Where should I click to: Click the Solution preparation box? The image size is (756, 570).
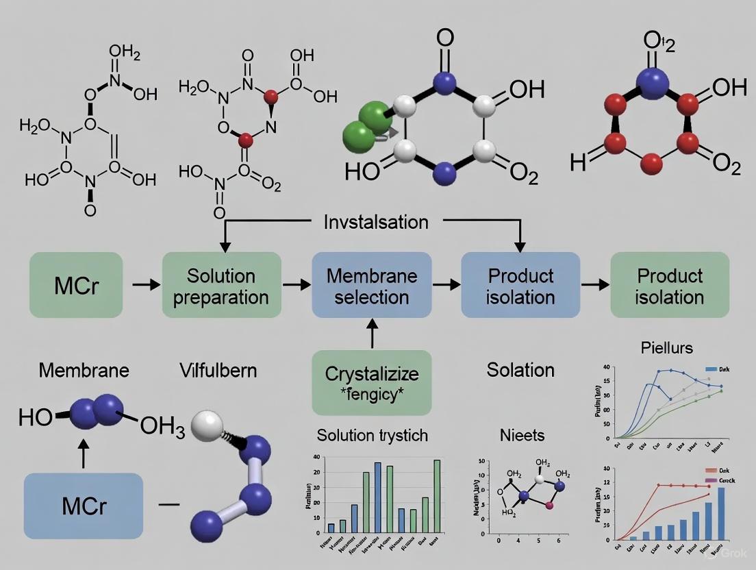[221, 285]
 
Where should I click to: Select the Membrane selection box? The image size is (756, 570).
[371, 285]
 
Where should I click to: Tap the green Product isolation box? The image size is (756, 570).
[669, 285]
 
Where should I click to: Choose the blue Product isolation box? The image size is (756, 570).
[520, 285]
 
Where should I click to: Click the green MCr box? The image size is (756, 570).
[76, 285]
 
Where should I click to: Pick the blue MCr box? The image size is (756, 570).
[83, 506]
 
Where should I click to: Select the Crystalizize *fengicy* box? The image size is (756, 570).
[371, 382]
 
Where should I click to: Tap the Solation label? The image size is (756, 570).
[520, 371]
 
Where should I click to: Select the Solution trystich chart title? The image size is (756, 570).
[373, 435]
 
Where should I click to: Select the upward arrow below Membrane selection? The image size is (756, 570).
[371, 336]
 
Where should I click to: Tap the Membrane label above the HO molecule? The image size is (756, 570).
[84, 371]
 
